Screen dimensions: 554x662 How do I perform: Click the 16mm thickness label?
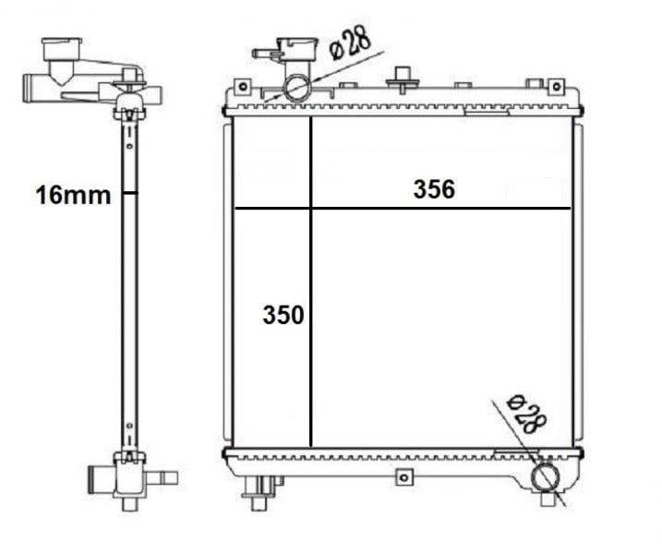(73, 195)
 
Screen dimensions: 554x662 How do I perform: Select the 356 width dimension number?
(434, 189)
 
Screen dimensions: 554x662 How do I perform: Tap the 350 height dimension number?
(283, 316)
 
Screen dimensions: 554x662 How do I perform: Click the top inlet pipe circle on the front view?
(298, 88)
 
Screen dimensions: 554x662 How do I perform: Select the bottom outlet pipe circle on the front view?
(548, 476)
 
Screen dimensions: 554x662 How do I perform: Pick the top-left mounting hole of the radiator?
(242, 86)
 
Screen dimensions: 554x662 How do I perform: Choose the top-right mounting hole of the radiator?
(557, 86)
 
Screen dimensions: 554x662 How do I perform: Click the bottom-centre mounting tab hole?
(401, 476)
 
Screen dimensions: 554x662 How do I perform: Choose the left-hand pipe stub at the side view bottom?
(100, 481)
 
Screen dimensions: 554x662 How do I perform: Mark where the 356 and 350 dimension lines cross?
(311, 209)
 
